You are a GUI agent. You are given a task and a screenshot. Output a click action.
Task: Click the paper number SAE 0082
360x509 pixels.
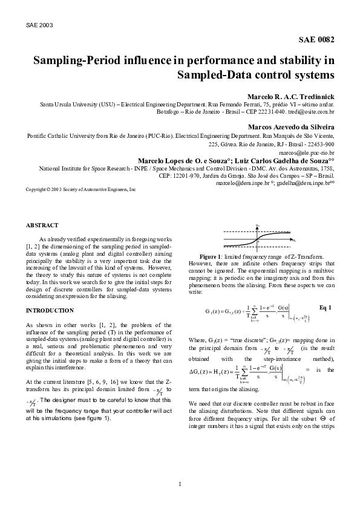[317, 40]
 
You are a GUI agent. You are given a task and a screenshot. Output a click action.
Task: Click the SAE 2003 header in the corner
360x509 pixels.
[40, 26]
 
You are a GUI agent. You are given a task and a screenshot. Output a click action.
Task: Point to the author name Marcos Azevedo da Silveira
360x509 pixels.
[292, 128]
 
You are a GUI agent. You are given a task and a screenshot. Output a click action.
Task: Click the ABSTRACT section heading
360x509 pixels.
[42, 225]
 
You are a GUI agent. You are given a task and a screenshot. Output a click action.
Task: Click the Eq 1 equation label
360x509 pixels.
[324, 308]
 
